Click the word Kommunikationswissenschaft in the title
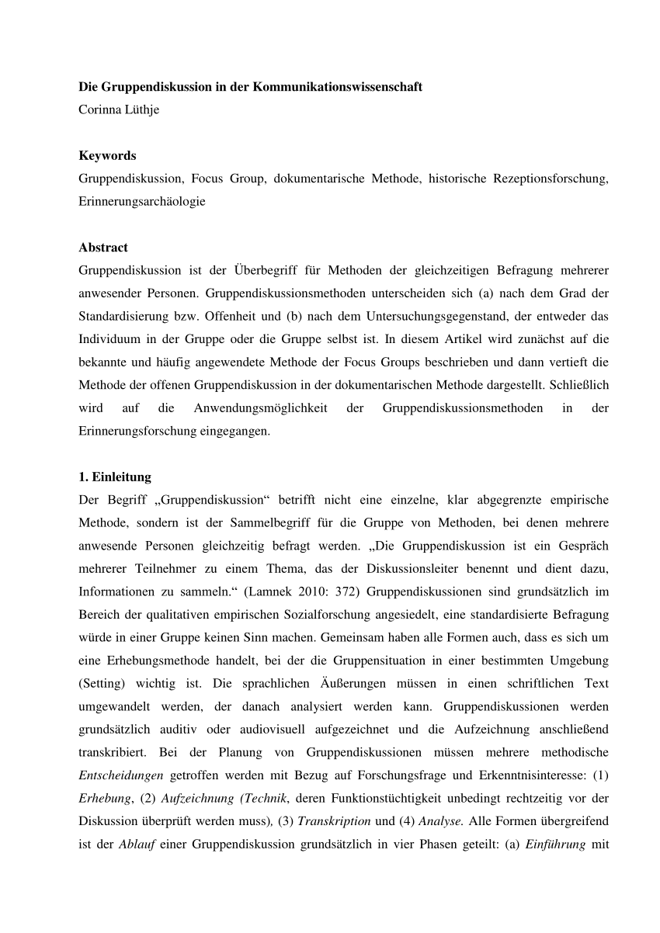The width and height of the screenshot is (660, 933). pyautogui.click(x=337, y=87)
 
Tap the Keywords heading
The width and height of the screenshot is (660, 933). pyautogui.click(x=107, y=156)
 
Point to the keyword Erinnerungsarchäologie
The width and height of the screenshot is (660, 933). pyautogui.click(x=142, y=201)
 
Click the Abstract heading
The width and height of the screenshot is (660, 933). pyautogui.click(x=103, y=248)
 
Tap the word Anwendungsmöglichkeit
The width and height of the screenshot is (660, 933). pyautogui.click(x=263, y=408)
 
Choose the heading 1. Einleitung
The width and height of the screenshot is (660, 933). pyautogui.click(x=115, y=477)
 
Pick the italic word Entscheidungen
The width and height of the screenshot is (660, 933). pyautogui.click(x=120, y=775)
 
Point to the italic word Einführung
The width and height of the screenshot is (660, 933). pyautogui.click(x=554, y=844)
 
